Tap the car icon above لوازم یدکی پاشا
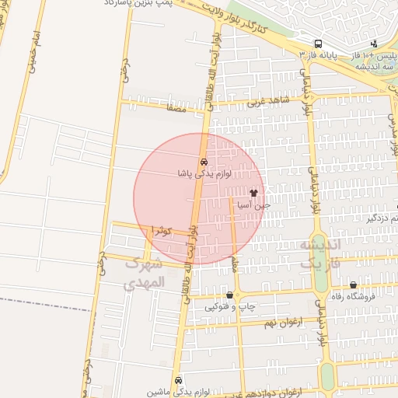pos(204,162)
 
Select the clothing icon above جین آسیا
pos(254,192)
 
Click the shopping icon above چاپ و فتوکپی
pos(229,295)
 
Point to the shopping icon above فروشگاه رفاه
pos(354,285)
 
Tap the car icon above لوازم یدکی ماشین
pos(180,380)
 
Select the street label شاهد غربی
pos(268,102)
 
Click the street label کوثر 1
pos(162,231)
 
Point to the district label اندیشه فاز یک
pos(319,253)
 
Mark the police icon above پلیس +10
pos(375,44)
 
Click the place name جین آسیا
pos(254,206)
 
